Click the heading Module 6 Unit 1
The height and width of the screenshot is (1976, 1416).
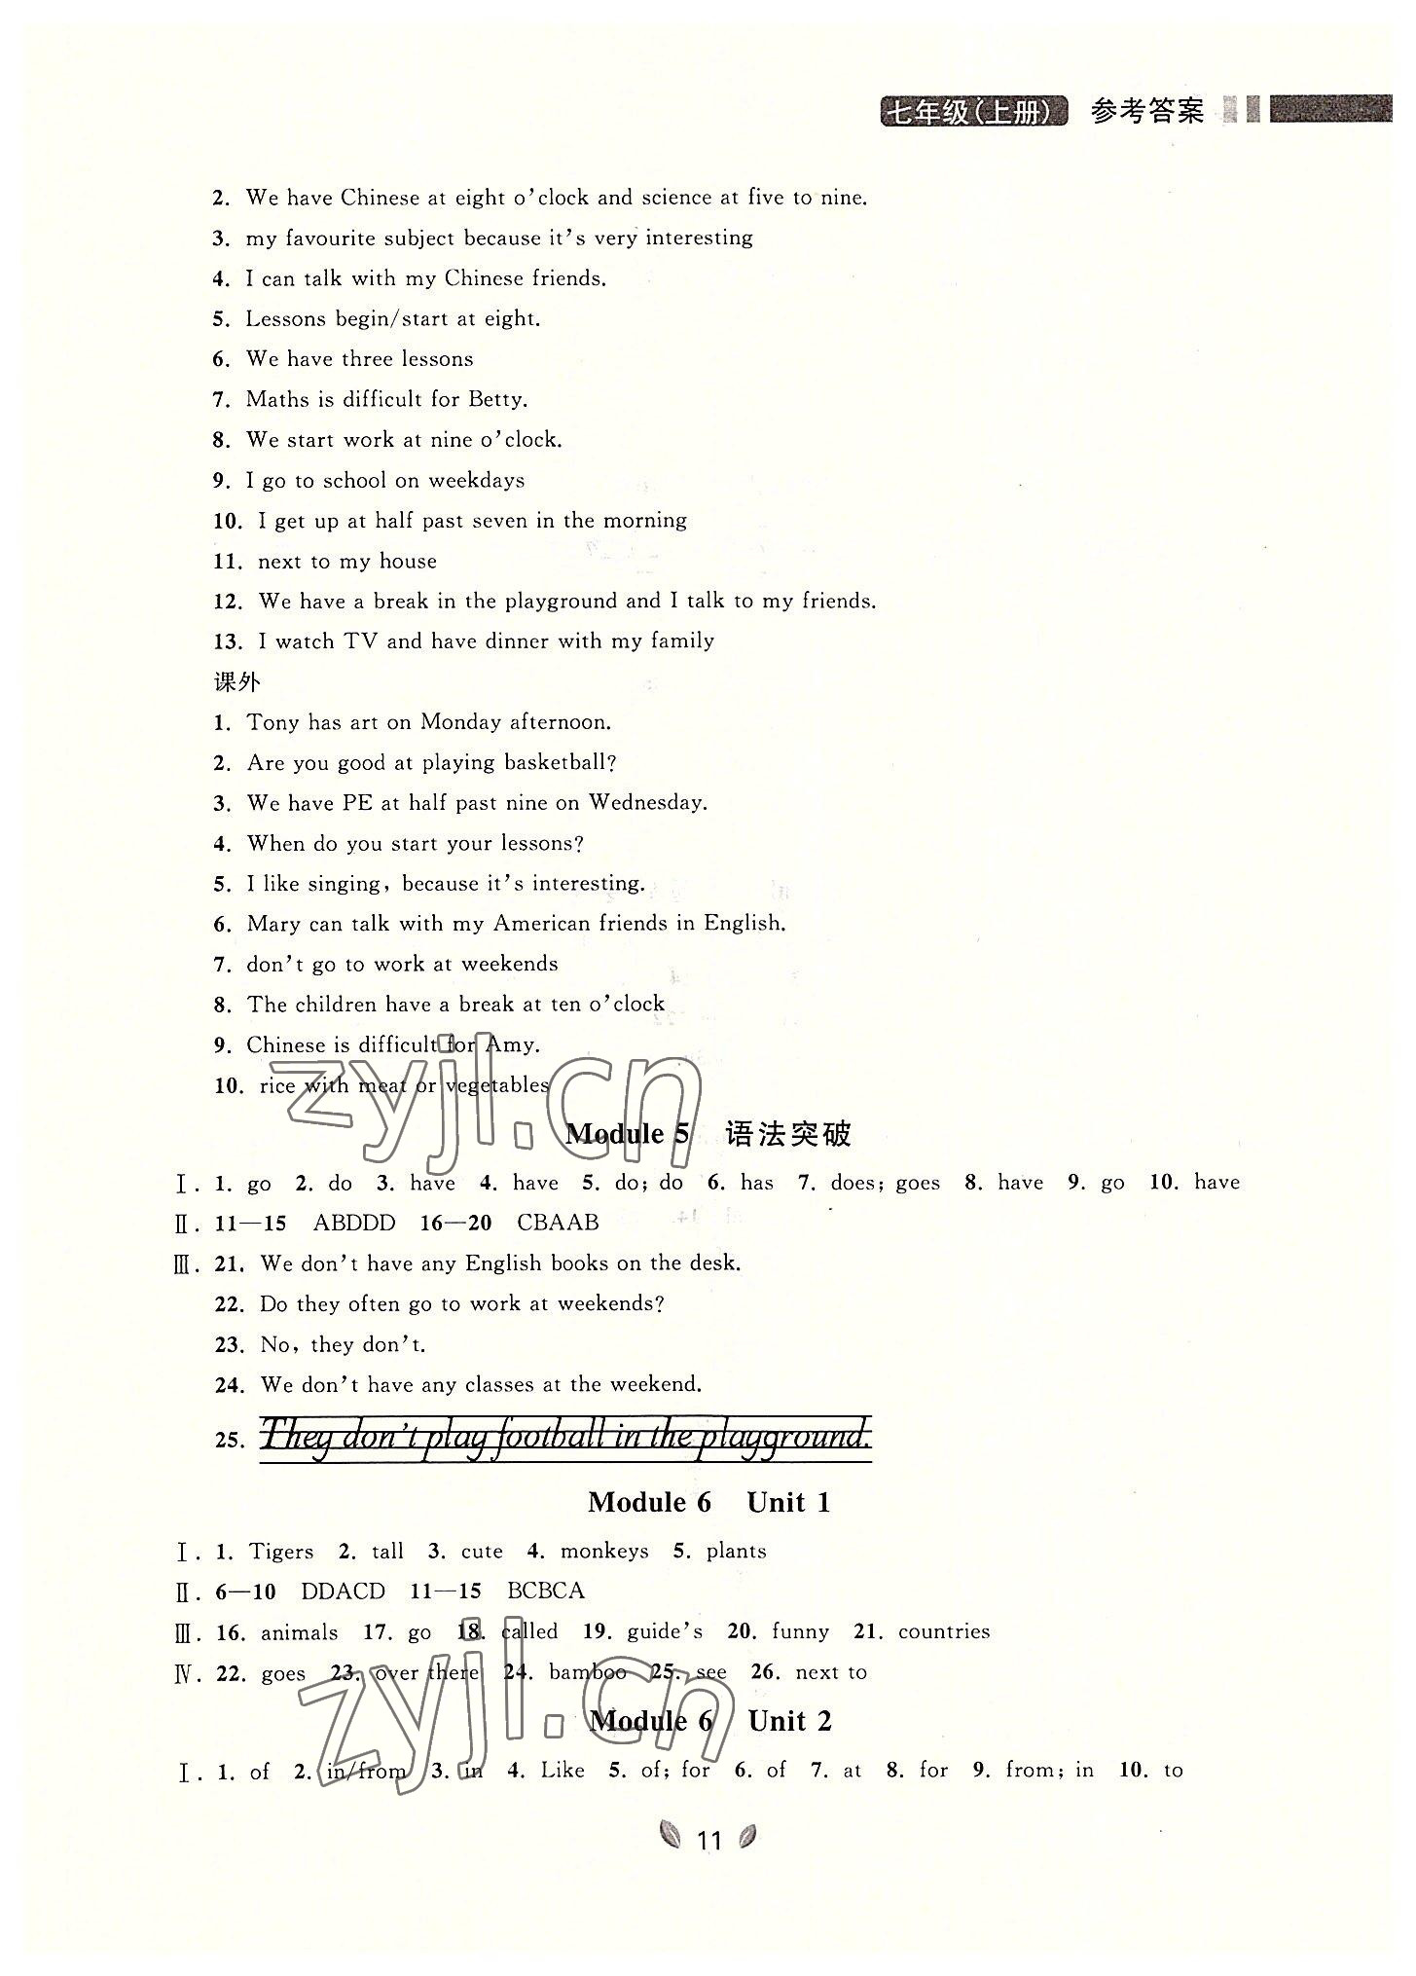click(x=708, y=1502)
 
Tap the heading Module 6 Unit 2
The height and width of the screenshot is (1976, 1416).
click(x=710, y=1721)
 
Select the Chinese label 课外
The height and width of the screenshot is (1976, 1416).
click(x=236, y=681)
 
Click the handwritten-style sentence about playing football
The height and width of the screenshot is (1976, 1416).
click(x=565, y=1436)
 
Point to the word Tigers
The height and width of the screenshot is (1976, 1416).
click(x=281, y=1552)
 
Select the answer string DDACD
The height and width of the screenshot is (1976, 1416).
click(x=343, y=1592)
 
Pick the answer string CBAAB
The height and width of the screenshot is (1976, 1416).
click(x=558, y=1223)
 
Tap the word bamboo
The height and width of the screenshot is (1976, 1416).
click(x=587, y=1672)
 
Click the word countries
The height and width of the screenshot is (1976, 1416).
click(x=943, y=1631)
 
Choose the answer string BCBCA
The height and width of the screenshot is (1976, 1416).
click(x=546, y=1592)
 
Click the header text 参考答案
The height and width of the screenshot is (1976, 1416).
click(x=1146, y=112)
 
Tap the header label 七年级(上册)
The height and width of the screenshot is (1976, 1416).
click(x=973, y=112)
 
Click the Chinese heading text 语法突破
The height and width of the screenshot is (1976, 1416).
click(x=787, y=1134)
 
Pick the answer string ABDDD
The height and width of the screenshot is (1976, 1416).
click(x=354, y=1223)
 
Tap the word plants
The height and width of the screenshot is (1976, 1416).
click(x=736, y=1552)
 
